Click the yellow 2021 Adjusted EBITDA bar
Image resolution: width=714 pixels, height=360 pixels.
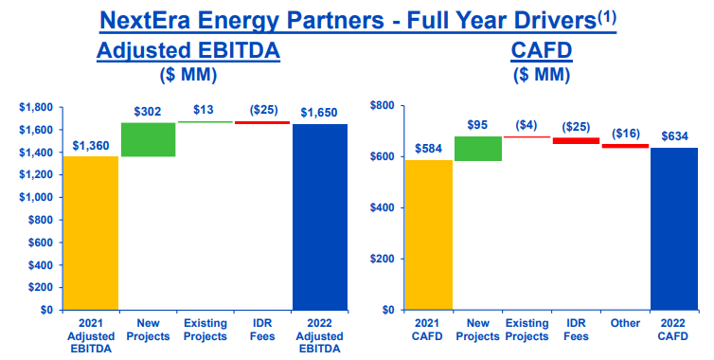coord(91,233)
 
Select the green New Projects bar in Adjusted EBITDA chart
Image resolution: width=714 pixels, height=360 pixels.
coord(148,139)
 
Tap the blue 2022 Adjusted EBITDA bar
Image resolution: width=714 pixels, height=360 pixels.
coord(321,217)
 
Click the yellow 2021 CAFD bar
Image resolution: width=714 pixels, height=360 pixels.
coord(428,235)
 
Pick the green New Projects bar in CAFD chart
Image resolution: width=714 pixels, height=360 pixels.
coord(478,149)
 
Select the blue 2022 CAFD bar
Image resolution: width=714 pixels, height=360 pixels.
coord(674,228)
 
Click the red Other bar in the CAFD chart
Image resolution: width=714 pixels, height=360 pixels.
coord(625,146)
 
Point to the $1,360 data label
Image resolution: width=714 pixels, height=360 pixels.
coord(91,146)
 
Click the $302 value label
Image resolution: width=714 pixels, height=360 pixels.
coord(149,112)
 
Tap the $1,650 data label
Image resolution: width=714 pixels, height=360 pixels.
coord(321,113)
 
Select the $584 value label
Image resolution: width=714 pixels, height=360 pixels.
coord(429,150)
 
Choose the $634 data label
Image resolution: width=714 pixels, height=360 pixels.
coord(674,136)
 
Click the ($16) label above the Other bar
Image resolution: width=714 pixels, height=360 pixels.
coord(626,134)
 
